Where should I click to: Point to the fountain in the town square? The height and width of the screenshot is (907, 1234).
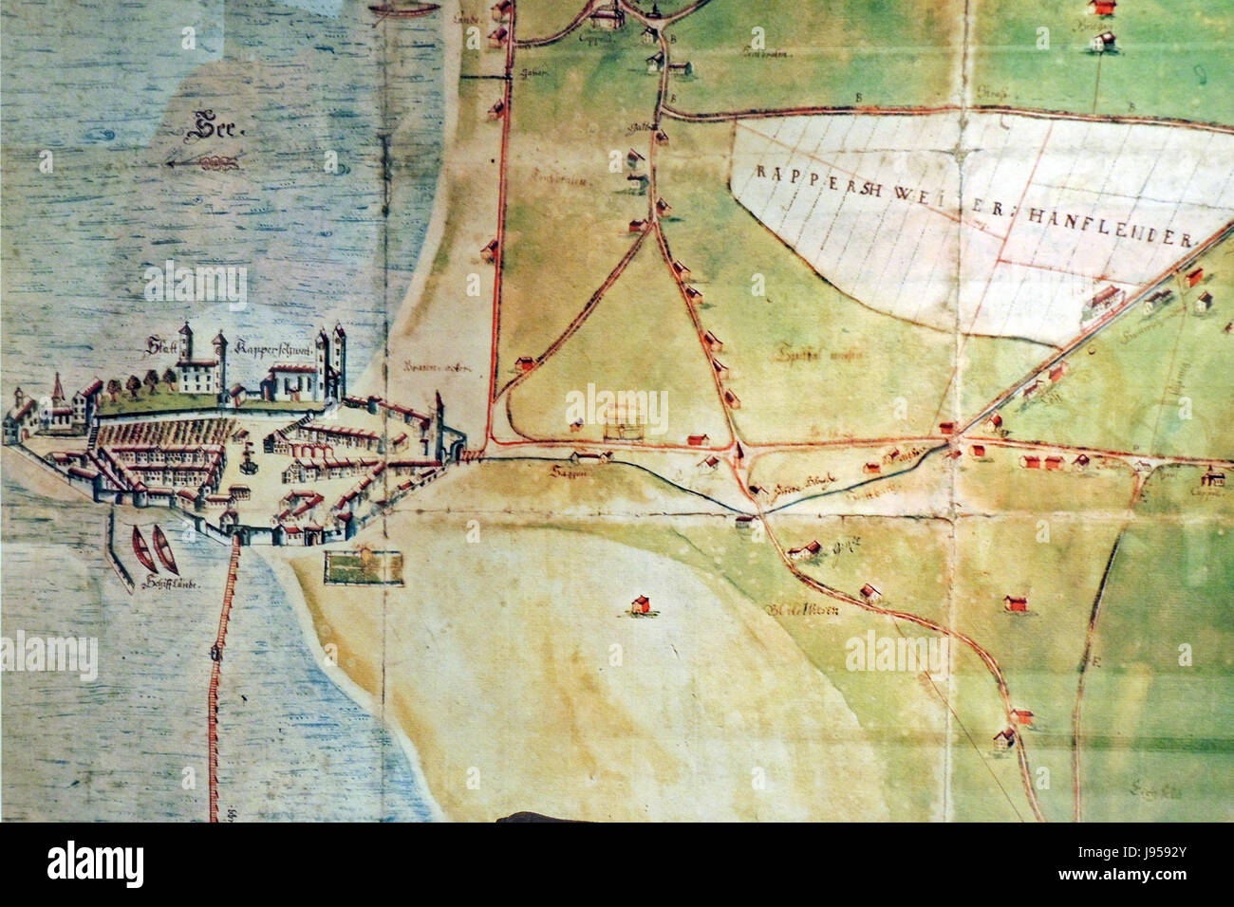(x=249, y=462)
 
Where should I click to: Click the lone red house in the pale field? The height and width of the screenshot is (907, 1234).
(x=641, y=604)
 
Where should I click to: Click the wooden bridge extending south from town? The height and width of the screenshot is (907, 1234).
(x=220, y=664)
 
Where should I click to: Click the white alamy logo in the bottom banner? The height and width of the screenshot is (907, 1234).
(x=96, y=865)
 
